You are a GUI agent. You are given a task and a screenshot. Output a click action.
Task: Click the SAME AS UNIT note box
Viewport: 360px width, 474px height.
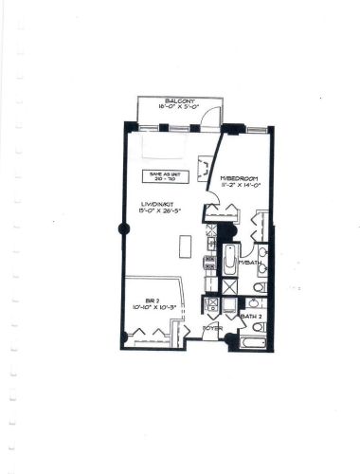point(163,175)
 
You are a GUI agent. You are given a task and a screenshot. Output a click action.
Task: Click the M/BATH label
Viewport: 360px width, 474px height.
point(248,261)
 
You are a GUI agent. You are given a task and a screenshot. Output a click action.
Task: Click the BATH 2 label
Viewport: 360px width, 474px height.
point(251,316)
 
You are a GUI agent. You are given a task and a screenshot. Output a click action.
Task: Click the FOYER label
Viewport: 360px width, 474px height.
point(212,328)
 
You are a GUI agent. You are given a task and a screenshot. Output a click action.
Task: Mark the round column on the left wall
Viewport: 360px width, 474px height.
point(120,228)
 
